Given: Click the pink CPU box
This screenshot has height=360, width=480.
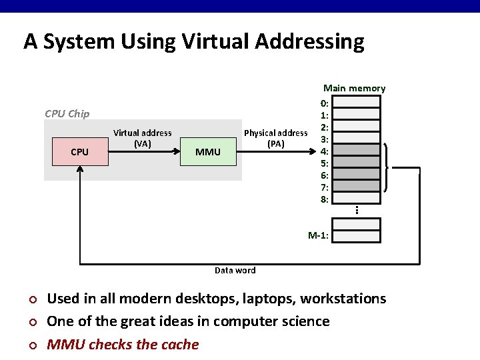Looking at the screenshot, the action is pos(80,152).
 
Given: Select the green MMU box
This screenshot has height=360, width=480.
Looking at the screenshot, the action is pos(208,152).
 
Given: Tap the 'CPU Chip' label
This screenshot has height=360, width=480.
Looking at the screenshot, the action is pos(67,113).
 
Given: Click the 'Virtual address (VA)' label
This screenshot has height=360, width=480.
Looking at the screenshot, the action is pos(142,138).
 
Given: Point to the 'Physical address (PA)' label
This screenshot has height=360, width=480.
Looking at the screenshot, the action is pos(275,138).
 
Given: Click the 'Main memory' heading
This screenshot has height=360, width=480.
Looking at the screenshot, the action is pos(354,88).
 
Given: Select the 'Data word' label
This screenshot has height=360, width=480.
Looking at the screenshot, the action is pos(235,270).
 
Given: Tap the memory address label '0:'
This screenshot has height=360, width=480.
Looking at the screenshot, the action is pos(324,103).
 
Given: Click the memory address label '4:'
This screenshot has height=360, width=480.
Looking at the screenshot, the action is pos(324,151).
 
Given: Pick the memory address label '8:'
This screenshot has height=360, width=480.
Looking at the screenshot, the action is pos(324,199).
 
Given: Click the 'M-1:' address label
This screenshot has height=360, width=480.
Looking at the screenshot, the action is pos(318,235).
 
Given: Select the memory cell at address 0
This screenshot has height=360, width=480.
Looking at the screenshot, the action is pos(356,103).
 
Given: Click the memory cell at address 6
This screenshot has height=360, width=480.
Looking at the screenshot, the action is pos(356,175).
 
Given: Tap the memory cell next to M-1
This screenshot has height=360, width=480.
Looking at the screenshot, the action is pos(356,235).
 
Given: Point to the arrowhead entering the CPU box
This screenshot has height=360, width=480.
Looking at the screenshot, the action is pos(80,169).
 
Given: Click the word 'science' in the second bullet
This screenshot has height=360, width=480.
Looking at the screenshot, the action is pos(303,321).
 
